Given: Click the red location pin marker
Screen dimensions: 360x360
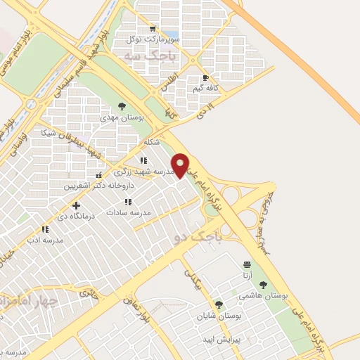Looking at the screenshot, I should [x=181, y=165].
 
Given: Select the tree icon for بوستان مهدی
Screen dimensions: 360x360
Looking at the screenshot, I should [x=122, y=106].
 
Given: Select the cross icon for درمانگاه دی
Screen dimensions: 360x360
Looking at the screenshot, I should [x=76, y=205].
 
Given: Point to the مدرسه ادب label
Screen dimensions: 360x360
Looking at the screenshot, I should [x=45, y=240].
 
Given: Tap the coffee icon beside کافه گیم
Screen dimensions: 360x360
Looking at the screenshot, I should [x=205, y=78].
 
